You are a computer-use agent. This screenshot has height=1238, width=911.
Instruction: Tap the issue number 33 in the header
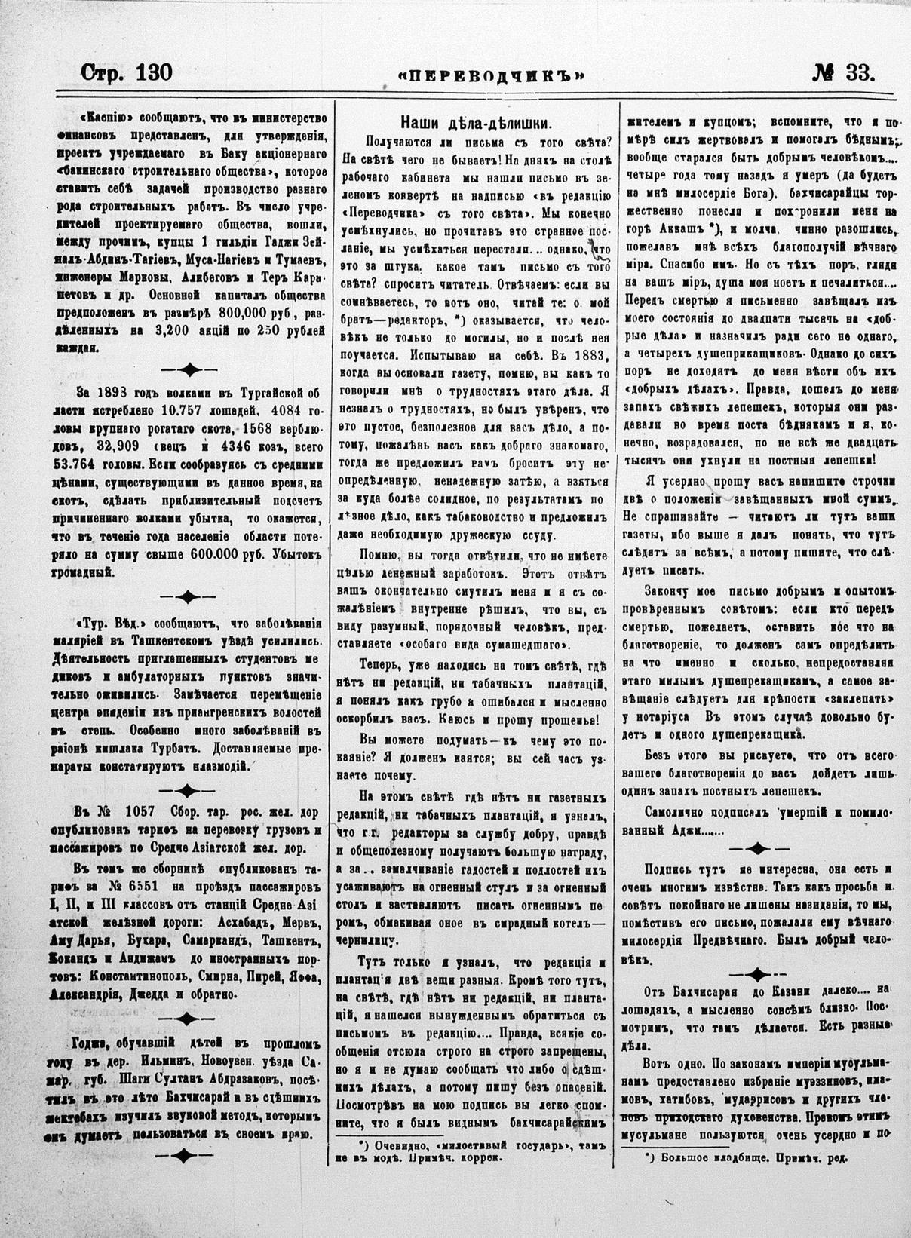[857, 72]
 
